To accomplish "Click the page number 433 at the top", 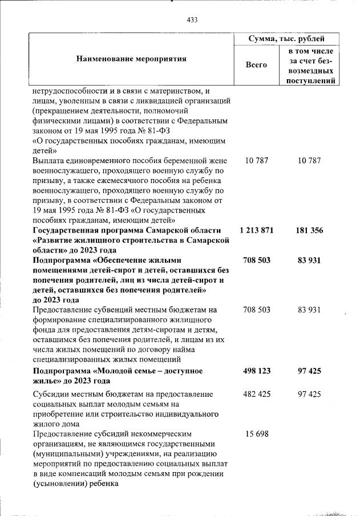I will pyautogui.click(x=192, y=20).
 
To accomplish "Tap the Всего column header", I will pyautogui.click(x=256, y=65).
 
